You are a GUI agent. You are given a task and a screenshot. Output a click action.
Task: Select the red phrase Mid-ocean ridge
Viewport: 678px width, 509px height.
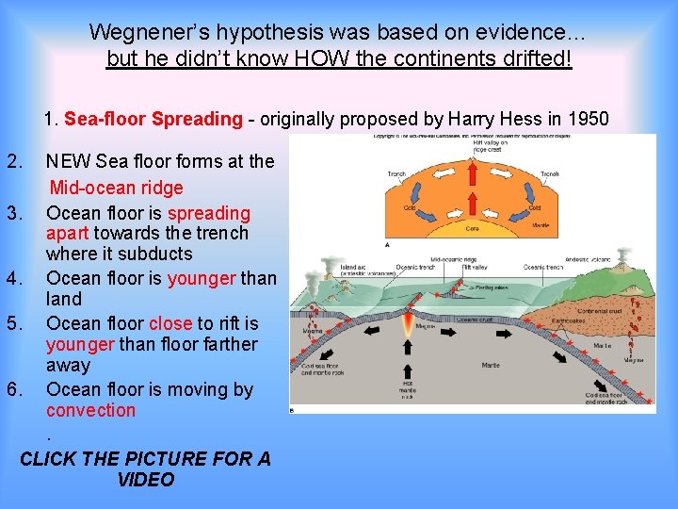116,188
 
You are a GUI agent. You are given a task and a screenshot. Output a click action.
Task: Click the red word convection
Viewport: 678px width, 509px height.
90,410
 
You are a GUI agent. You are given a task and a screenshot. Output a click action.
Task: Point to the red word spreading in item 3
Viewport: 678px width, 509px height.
209,213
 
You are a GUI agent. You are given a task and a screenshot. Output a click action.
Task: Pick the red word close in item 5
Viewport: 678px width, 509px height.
169,323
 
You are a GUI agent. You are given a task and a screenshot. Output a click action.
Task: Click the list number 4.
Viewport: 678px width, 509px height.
13,278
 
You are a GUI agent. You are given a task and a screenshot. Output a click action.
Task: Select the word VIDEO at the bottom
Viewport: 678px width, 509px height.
146,480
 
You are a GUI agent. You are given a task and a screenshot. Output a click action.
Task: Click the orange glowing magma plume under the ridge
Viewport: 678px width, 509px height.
408,326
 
